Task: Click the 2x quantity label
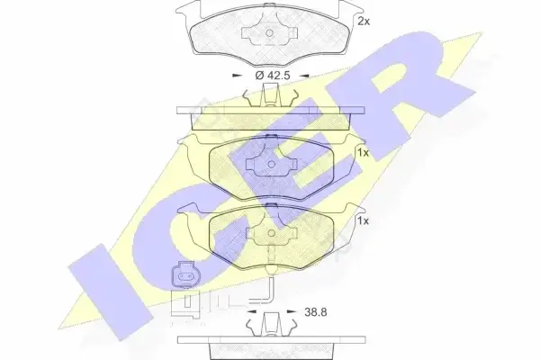point(364,22)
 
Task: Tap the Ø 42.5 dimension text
point(273,75)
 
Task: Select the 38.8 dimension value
point(316,312)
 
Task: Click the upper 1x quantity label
point(363,153)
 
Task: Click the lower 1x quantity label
point(363,220)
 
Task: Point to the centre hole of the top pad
point(270,33)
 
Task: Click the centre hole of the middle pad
point(272,165)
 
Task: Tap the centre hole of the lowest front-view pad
point(272,233)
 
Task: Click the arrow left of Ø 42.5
point(237,75)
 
